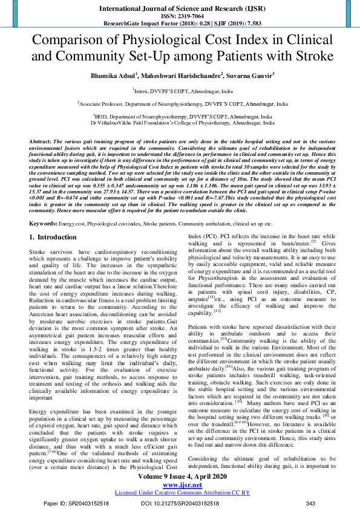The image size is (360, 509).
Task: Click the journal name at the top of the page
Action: (180, 10)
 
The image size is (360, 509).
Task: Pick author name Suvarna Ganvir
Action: (248, 76)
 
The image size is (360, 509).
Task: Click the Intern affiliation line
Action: (180, 90)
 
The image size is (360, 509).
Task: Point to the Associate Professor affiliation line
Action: (180, 103)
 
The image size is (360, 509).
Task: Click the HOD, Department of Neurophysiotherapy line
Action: (180, 116)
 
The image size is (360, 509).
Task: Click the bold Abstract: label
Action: (40, 140)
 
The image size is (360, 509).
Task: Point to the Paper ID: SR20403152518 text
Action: (76, 503)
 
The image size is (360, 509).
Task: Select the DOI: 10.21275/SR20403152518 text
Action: (180, 503)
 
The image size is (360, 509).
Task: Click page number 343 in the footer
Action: (311, 503)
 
